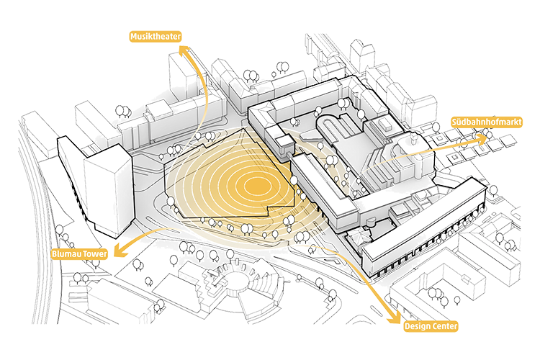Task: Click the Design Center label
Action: [431, 326]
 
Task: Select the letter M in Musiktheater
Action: [133, 35]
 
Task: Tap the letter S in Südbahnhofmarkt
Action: [454, 122]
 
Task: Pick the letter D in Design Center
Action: [408, 326]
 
